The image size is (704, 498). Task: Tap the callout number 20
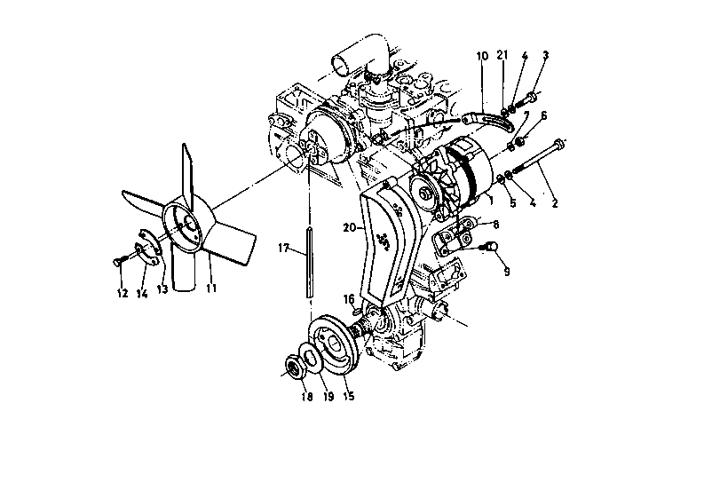tap(350, 228)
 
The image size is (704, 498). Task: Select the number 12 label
tap(122, 292)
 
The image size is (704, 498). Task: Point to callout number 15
tap(348, 397)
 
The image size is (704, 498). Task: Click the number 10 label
tap(482, 56)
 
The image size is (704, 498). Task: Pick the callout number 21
tap(502, 56)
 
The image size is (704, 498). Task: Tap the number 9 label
tap(506, 272)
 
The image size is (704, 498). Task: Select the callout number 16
tap(349, 298)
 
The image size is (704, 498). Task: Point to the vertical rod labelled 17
tap(309, 263)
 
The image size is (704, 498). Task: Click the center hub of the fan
tap(186, 227)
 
